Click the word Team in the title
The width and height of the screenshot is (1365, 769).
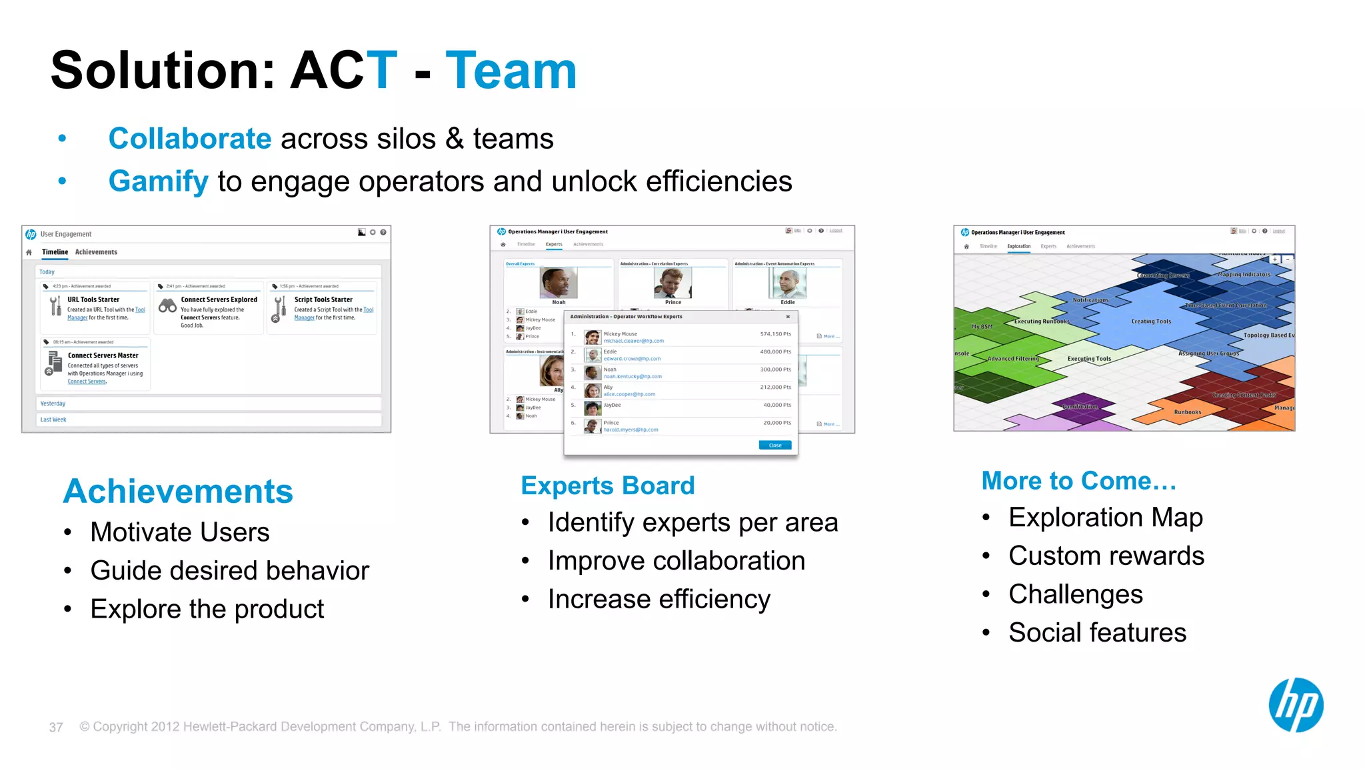tap(511, 71)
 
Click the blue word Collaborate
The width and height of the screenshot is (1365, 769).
tap(190, 139)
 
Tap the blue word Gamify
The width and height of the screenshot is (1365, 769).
tap(159, 181)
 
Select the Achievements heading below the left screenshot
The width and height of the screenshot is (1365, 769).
tap(178, 492)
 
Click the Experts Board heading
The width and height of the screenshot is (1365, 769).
tap(607, 486)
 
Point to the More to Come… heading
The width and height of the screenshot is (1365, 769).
tap(1078, 481)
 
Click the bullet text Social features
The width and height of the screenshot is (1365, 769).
tap(1097, 632)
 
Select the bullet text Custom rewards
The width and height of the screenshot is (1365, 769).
tap(1106, 556)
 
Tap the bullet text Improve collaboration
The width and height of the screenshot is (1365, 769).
tap(676, 561)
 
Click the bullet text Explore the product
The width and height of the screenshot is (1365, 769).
tap(207, 609)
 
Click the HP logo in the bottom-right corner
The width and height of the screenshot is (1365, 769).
tap(1296, 705)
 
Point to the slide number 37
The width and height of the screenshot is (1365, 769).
tap(56, 727)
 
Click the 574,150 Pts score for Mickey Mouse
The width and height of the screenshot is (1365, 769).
tap(775, 334)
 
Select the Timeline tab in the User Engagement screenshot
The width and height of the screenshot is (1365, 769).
tap(55, 252)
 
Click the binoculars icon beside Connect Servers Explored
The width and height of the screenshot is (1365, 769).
tap(168, 306)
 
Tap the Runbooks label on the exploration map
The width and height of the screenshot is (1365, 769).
tap(1187, 412)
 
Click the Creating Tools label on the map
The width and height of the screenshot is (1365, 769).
tap(1150, 321)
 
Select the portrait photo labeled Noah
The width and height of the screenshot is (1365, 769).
tap(558, 283)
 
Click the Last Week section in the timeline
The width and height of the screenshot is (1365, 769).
tap(53, 420)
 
